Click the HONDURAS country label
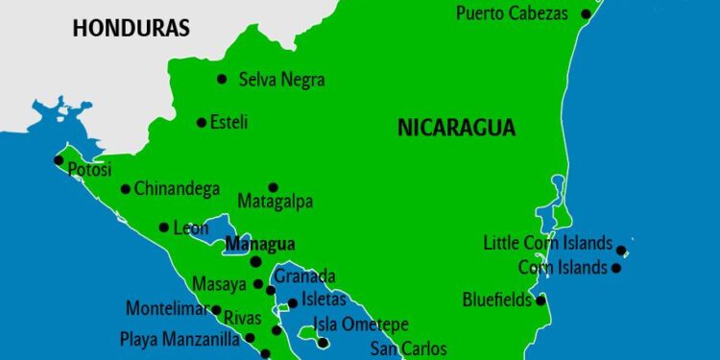132,28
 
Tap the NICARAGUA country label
456,128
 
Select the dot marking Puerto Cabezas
588,13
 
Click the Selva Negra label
281,80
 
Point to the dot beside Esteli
202,122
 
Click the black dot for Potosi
59,160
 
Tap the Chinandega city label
177,189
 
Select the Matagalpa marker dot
273,187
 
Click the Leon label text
190,228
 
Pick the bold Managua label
259,244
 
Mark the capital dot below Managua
255,261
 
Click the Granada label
305,276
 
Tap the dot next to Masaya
257,284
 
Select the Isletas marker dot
293,303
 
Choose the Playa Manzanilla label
180,338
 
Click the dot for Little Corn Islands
621,251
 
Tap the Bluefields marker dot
540,300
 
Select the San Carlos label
409,348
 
